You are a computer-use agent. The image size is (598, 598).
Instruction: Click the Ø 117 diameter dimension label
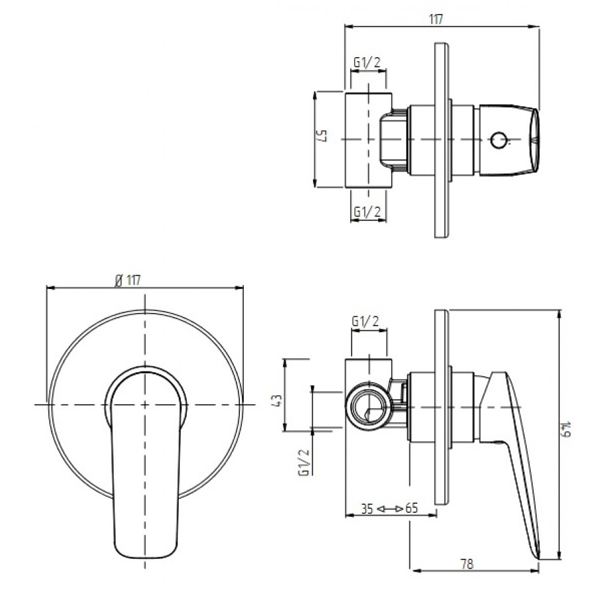pos(128,280)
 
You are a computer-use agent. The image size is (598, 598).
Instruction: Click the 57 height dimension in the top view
pos(322,136)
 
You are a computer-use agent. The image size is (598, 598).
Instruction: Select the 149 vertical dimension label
pos(568,429)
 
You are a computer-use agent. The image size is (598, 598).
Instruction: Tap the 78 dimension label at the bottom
pos(467,563)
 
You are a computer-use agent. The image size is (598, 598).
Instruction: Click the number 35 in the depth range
pos(367,508)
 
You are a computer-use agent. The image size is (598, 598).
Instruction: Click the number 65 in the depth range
pos(411,508)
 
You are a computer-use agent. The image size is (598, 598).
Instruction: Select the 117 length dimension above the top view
pos(436,19)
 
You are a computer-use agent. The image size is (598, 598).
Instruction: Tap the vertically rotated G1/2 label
pos(304,462)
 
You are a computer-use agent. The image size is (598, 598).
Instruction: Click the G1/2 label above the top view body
pos(367,62)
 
